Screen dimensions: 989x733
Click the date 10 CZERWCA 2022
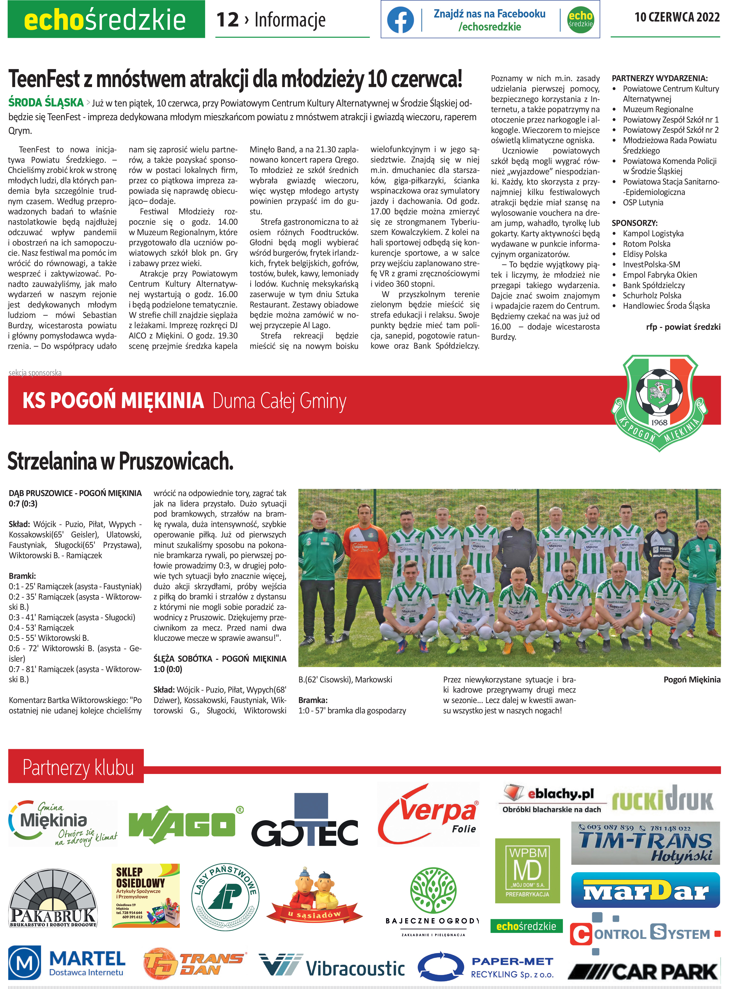pos(677,17)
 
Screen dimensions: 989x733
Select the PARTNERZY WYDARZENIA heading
pos(659,78)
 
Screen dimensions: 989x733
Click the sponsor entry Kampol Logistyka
pos(653,234)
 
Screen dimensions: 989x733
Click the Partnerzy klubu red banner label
pos(78,768)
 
